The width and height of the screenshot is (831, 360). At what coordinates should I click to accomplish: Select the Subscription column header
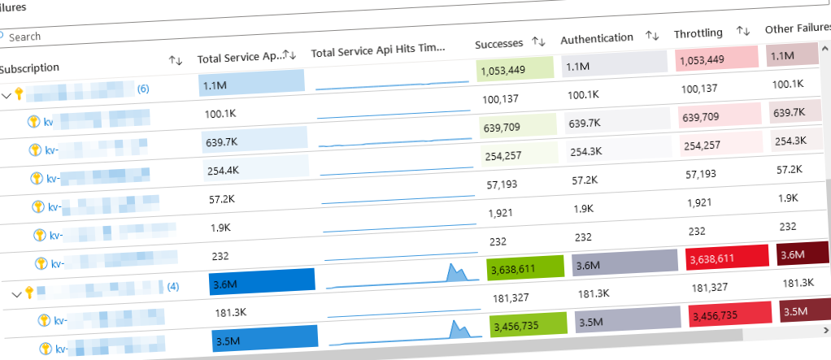[x=29, y=68]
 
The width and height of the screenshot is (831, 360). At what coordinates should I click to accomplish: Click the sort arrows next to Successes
[x=537, y=41]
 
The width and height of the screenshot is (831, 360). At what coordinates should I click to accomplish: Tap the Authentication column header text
[x=596, y=38]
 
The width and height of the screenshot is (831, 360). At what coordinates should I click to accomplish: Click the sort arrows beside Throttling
[x=742, y=31]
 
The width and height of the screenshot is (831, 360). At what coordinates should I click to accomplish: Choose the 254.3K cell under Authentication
[x=587, y=151]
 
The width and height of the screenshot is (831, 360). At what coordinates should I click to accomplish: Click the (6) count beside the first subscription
[x=143, y=89]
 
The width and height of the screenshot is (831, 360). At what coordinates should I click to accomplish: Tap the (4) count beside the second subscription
[x=172, y=286]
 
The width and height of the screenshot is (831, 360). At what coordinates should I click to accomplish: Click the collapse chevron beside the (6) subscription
[x=7, y=95]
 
